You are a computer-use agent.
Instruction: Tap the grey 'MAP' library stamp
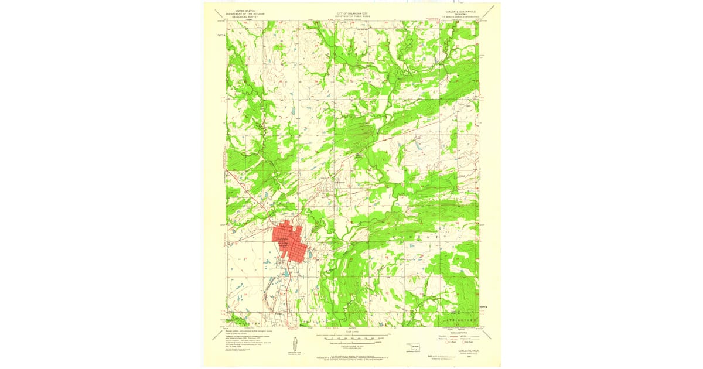pyautogui.click(x=445, y=356)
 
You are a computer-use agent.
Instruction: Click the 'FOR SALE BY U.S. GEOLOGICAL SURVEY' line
pyautogui.click(x=351, y=356)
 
